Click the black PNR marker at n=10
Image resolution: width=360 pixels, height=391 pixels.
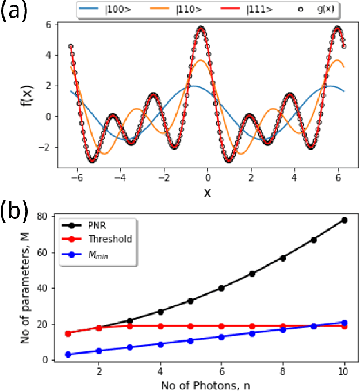344,220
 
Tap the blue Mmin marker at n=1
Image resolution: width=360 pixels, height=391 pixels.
68,355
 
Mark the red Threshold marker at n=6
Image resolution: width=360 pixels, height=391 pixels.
221,326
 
